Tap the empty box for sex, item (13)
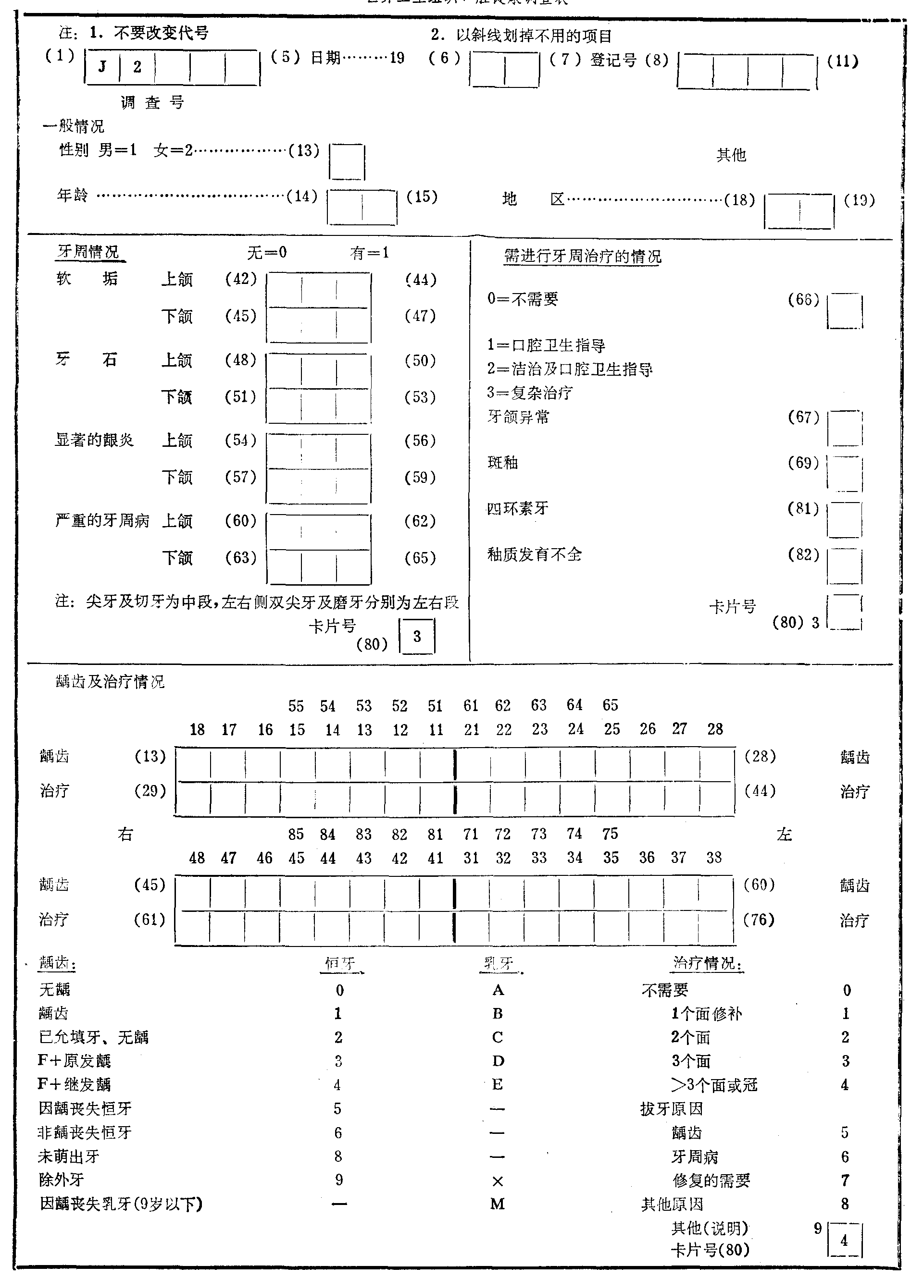click(347, 162)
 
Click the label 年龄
click(73, 195)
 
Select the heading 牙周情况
click(88, 252)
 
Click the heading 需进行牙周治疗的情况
click(582, 257)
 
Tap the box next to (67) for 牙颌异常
click(845, 428)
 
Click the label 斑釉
click(503, 462)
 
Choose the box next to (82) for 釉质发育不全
click(845, 566)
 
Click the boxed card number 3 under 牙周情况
click(417, 636)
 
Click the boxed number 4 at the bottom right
click(844, 1241)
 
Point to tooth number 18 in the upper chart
click(197, 729)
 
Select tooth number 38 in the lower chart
click(713, 857)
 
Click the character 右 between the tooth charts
click(125, 834)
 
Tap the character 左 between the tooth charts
click(784, 835)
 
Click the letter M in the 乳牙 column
click(498, 1204)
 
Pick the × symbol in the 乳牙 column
click(498, 1181)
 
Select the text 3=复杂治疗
click(530, 393)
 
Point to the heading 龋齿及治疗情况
click(110, 682)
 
